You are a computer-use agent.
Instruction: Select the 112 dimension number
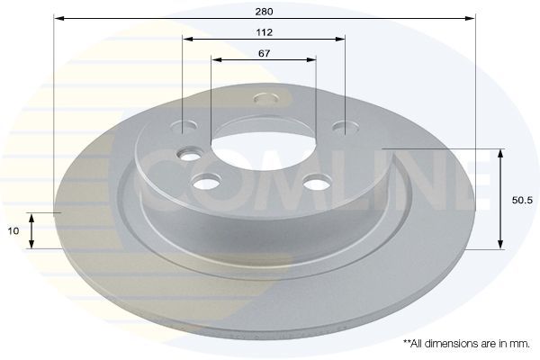pyautogui.click(x=264, y=31)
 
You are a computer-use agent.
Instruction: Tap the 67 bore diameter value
pyautogui.click(x=264, y=53)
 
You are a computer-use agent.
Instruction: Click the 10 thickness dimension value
pyautogui.click(x=13, y=230)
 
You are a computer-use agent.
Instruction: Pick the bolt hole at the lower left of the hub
pyautogui.click(x=207, y=184)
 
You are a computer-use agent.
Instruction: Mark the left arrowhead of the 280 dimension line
pyautogui.click(x=58, y=18)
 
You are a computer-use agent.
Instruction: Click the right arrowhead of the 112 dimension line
pyautogui.click(x=341, y=39)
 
